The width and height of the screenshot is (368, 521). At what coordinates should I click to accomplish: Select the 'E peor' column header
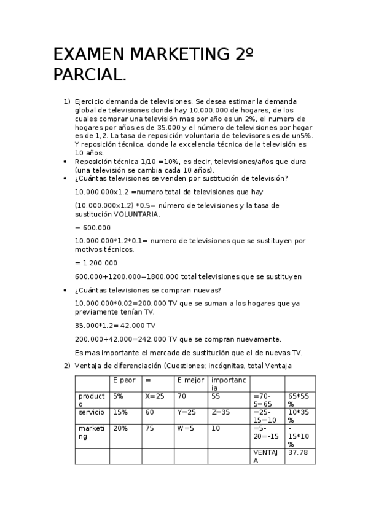(x=125, y=381)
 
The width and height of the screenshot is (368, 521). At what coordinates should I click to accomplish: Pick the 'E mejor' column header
(x=190, y=381)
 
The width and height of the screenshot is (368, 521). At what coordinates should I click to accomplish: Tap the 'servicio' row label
(x=92, y=412)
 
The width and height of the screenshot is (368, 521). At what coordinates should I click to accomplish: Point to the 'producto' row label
(x=92, y=400)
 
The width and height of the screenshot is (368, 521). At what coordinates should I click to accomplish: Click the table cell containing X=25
(x=155, y=396)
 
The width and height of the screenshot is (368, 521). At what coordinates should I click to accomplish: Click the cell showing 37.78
(x=298, y=452)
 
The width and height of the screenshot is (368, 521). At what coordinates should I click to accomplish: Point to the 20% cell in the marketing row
(x=120, y=428)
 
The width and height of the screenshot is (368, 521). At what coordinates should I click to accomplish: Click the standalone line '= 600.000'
(x=92, y=227)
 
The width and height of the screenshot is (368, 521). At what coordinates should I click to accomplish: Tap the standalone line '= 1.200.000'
(x=96, y=263)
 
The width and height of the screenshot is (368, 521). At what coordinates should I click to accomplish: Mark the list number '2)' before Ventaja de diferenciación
(x=67, y=366)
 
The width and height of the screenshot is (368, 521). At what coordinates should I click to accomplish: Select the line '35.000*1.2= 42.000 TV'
(x=115, y=326)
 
